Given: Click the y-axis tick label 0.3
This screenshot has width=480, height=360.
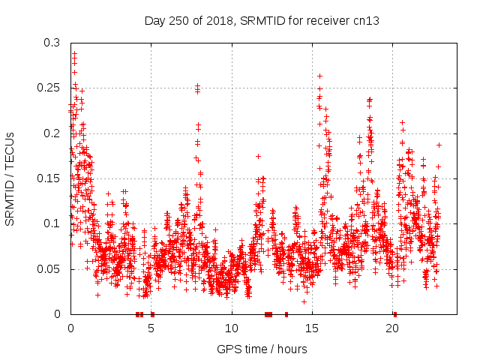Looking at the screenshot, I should pos(51,43).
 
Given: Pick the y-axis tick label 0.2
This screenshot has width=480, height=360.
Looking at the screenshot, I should pos(51,133).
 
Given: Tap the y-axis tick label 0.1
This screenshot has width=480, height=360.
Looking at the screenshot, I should pos(51,223).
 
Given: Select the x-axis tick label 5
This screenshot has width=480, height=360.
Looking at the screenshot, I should pos(151,328).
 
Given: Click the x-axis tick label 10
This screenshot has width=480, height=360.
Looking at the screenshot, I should pos(232,328).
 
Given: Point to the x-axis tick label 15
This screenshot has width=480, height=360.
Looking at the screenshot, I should pos(313,328).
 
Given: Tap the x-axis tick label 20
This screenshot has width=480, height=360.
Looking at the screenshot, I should pos(393,328).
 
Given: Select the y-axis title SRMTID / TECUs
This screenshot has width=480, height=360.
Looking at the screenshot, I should pos(10,178).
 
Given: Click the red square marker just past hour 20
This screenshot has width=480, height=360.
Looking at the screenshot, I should pos(395,313).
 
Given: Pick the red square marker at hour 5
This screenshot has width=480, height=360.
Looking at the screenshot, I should pos(152,313).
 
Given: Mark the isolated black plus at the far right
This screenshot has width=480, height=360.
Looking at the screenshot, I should pos(439,145).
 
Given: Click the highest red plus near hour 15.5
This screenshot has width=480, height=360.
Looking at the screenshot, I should pos(320,76).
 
